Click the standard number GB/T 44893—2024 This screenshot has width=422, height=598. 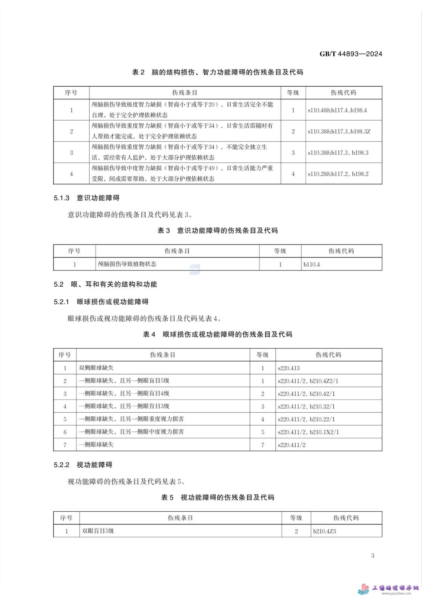[351, 54]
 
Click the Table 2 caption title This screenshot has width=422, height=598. [217, 72]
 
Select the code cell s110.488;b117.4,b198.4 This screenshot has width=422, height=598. [337, 110]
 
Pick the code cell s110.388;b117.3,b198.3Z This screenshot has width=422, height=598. [339, 132]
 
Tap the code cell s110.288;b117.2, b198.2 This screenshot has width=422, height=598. [338, 174]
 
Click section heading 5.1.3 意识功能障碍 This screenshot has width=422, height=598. [86, 198]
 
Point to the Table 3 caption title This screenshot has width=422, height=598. [217, 231]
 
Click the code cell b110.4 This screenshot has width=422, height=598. [311, 264]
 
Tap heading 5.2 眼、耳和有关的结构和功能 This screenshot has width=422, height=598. [105, 284]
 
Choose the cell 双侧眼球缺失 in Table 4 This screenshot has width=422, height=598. [96, 368]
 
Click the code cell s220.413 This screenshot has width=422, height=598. [289, 368]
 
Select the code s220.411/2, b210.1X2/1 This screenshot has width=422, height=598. [308, 432]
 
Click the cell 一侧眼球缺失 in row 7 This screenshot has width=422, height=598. [96, 444]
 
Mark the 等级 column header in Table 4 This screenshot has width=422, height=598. [262, 355]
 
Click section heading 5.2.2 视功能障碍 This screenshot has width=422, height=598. [83, 465]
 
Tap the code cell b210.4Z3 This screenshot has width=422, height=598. [325, 531]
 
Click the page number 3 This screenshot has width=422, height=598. [372, 555]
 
